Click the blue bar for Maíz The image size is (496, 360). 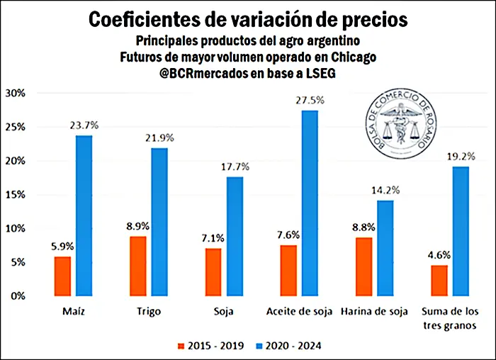(x=84, y=215)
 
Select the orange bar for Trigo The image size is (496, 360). (x=140, y=266)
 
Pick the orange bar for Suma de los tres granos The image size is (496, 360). (x=439, y=280)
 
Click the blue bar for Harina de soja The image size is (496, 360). (x=385, y=248)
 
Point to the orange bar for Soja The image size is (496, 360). (x=213, y=271)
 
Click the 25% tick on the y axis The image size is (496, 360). (x=15, y=128)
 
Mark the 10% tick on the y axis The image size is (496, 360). (x=15, y=229)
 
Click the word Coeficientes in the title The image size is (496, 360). (x=153, y=19)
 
